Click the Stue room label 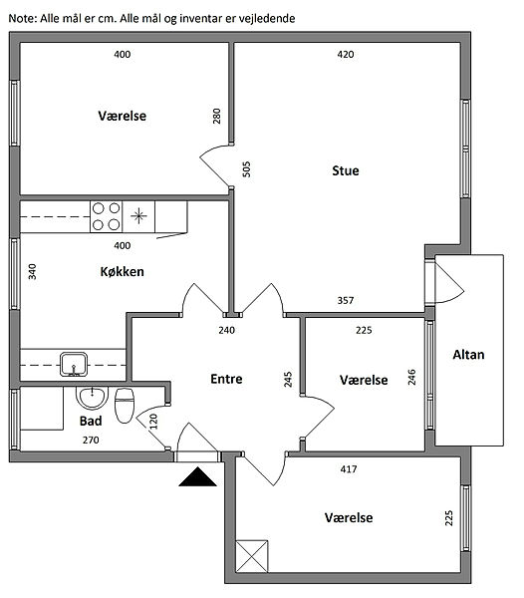coord(346,170)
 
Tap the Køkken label coord(122,271)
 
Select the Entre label coord(226,379)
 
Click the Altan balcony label coord(468,355)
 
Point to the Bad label coord(91,421)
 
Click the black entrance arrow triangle coord(198,476)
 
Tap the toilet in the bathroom coord(125,406)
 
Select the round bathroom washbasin coord(92,398)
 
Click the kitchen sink coord(74,364)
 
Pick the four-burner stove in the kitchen coord(106,216)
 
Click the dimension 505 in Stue coord(247,169)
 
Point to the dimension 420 coord(346,54)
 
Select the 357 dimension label coord(346,301)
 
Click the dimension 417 coord(349,469)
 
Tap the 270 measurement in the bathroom coord(91,441)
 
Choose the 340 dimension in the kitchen coord(33,271)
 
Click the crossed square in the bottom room coord(251,556)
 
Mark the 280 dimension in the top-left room coord(216,117)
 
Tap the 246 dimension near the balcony coord(411,377)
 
